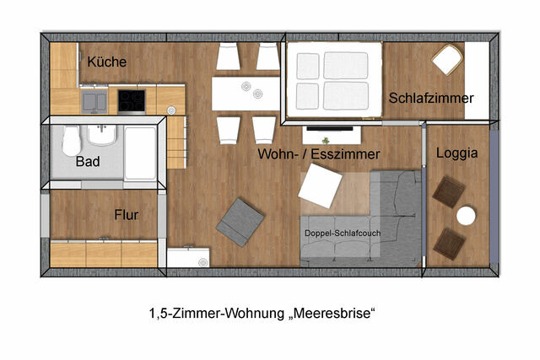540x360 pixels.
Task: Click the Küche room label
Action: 107,62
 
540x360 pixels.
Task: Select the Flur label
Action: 126,215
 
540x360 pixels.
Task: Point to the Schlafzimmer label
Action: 431,99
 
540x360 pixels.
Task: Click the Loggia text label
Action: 457,153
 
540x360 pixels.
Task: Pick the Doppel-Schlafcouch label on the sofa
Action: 337,233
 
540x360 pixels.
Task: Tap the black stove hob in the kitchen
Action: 131,100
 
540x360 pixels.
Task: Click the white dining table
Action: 246,93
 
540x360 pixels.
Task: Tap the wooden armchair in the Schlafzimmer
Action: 447,59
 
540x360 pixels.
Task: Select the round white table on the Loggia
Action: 466,216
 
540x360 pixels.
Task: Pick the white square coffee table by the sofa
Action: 321,185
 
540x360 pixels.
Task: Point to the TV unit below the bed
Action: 332,132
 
